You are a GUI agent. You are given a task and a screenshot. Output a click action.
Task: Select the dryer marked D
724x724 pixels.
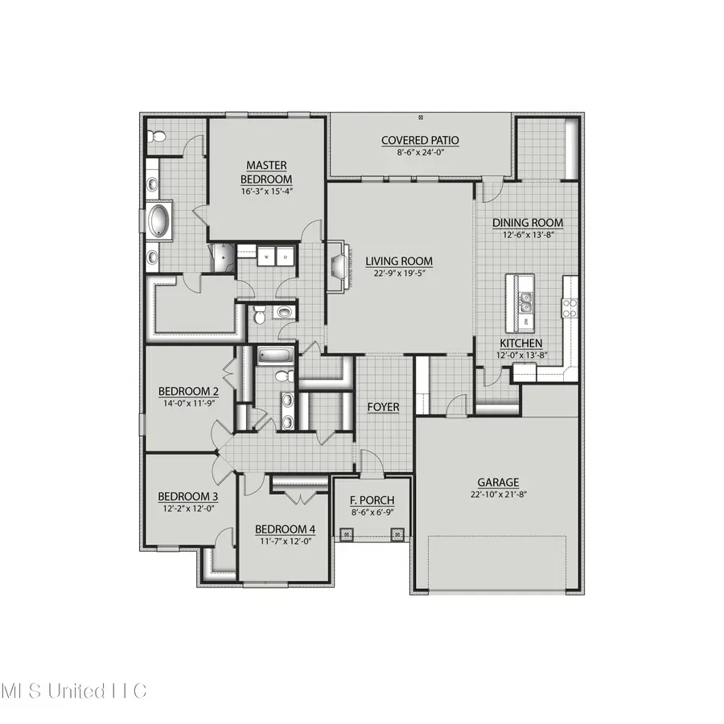[284, 257]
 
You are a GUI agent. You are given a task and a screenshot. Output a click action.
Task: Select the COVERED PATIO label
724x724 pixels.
[420, 141]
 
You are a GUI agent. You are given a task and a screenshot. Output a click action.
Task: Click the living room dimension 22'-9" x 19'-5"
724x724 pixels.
[399, 273]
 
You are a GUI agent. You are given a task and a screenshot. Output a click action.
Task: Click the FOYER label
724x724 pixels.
[383, 407]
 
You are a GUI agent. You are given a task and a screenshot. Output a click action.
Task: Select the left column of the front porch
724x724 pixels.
[346, 533]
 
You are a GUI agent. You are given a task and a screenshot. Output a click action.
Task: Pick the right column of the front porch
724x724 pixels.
[396, 533]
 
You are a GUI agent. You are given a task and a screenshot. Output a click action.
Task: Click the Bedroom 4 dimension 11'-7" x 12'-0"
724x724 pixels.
[285, 541]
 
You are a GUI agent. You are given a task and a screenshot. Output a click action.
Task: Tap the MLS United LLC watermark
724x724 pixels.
[74, 691]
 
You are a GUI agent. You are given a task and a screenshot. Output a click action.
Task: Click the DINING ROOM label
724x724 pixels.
[527, 223]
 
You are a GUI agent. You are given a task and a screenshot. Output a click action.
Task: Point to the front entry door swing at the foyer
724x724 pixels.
[371, 463]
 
